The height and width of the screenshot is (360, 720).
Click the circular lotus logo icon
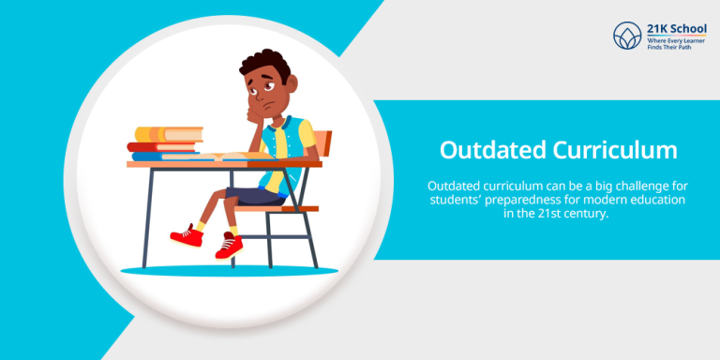click(x=625, y=36)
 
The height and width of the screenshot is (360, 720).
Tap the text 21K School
click(x=673, y=28)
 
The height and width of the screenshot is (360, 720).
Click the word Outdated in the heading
click(x=490, y=150)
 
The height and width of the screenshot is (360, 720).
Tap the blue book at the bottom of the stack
click(x=166, y=156)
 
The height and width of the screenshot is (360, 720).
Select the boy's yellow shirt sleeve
click(x=304, y=136)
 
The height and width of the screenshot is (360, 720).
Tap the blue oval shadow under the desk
click(x=216, y=271)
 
